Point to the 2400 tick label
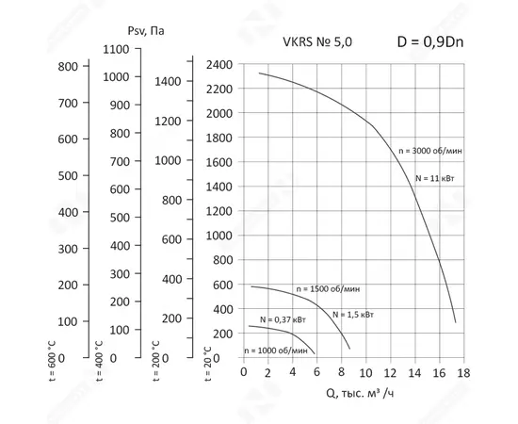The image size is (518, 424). (219, 65)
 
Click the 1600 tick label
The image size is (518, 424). (219, 162)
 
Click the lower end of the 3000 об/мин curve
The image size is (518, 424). (456, 322)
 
